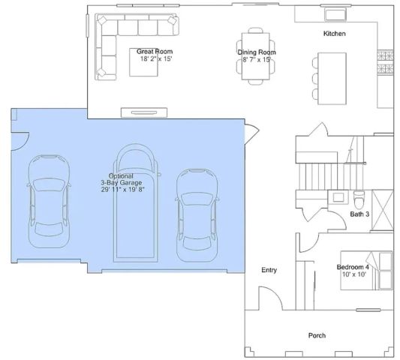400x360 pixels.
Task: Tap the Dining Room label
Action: [x=257, y=52]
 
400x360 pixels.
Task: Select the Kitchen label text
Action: [x=334, y=34]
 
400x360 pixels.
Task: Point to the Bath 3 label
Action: [x=361, y=214]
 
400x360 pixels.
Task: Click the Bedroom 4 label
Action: [x=352, y=267]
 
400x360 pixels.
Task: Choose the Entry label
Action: [x=269, y=270]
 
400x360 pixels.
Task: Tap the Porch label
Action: [x=317, y=335]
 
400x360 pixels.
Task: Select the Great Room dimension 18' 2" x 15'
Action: [x=155, y=59]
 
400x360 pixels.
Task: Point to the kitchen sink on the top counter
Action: [x=336, y=14]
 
